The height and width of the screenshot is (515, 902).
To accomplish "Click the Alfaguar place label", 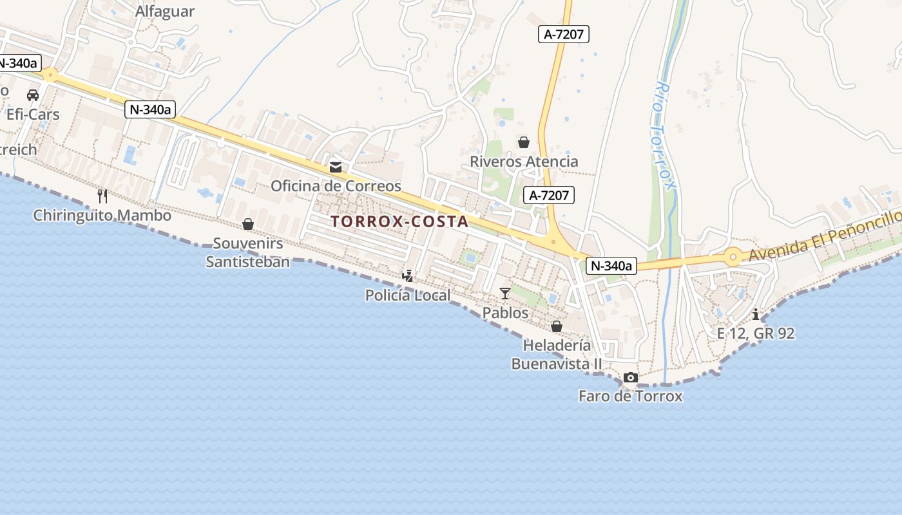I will [x=165, y=12].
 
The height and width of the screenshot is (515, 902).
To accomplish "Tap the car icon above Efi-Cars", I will [x=32, y=95].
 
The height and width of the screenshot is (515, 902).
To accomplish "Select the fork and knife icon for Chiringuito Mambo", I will [x=102, y=196].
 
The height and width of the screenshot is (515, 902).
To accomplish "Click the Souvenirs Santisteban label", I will [x=248, y=252].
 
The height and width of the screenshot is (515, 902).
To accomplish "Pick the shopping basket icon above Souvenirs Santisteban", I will [x=247, y=224].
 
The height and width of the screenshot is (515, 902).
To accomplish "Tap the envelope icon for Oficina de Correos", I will [x=336, y=167].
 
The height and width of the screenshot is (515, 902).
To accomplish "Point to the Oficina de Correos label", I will [x=336, y=186].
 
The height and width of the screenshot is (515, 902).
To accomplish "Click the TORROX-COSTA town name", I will [x=399, y=221].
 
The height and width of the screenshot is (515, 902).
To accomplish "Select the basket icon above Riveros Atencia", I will [x=524, y=142].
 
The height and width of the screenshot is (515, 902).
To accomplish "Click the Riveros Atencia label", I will [x=524, y=162].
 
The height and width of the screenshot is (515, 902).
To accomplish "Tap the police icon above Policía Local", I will [x=407, y=276].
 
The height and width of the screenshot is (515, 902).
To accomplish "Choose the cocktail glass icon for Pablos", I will [x=505, y=294].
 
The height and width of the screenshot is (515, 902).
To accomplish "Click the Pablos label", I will [x=505, y=313].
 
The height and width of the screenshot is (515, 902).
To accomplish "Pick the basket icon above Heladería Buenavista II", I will [x=557, y=326].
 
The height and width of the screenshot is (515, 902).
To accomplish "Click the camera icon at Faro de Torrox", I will [x=631, y=378].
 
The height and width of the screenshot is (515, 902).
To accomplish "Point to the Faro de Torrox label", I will [x=630, y=396].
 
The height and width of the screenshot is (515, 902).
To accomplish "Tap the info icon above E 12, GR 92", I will [x=756, y=314].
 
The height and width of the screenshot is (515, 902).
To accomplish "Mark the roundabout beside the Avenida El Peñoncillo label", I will [x=733, y=258].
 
